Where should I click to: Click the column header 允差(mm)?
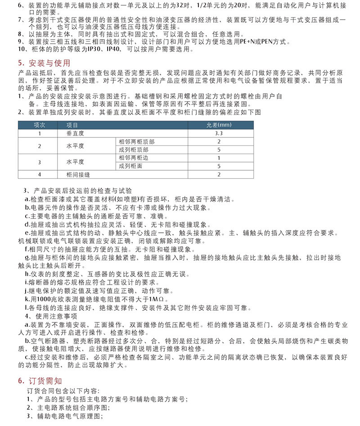(218, 125)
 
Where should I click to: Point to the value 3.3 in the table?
(219, 133)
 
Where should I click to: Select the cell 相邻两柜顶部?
(136, 141)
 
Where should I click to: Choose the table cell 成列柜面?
(130, 166)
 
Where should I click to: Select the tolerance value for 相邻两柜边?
(219, 158)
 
